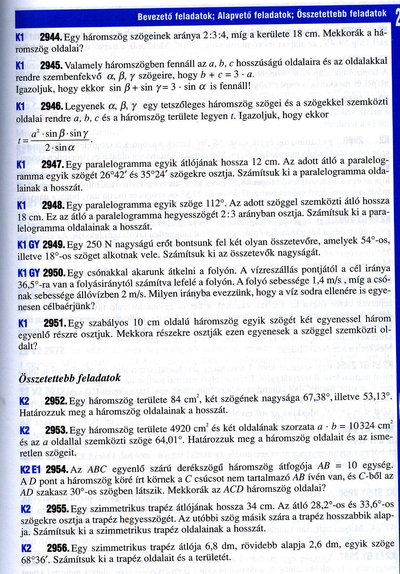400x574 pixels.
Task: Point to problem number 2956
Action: [x=58, y=548]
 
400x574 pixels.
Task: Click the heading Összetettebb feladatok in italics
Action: [x=70, y=378]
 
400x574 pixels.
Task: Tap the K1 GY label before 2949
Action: [x=28, y=245]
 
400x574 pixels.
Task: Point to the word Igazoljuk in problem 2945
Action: [x=35, y=87]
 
